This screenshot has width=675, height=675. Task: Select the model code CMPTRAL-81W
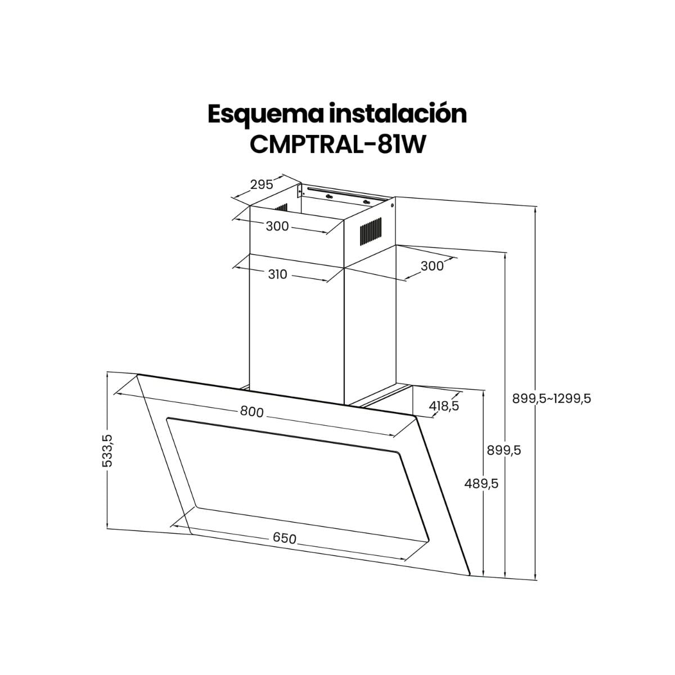click(x=337, y=143)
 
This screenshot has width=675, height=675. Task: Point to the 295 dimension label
click(x=262, y=184)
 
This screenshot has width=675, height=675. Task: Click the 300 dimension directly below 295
click(x=277, y=226)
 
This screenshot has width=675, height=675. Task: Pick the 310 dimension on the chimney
click(x=277, y=274)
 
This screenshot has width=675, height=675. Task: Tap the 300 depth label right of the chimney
click(x=432, y=265)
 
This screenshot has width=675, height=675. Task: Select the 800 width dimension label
click(x=251, y=412)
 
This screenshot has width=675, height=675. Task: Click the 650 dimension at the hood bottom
click(x=285, y=538)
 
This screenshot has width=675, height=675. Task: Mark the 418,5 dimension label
click(x=444, y=405)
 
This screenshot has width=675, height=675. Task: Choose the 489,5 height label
click(x=481, y=483)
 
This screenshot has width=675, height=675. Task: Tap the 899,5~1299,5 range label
click(x=551, y=398)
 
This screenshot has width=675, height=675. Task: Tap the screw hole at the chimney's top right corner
click(x=392, y=205)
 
